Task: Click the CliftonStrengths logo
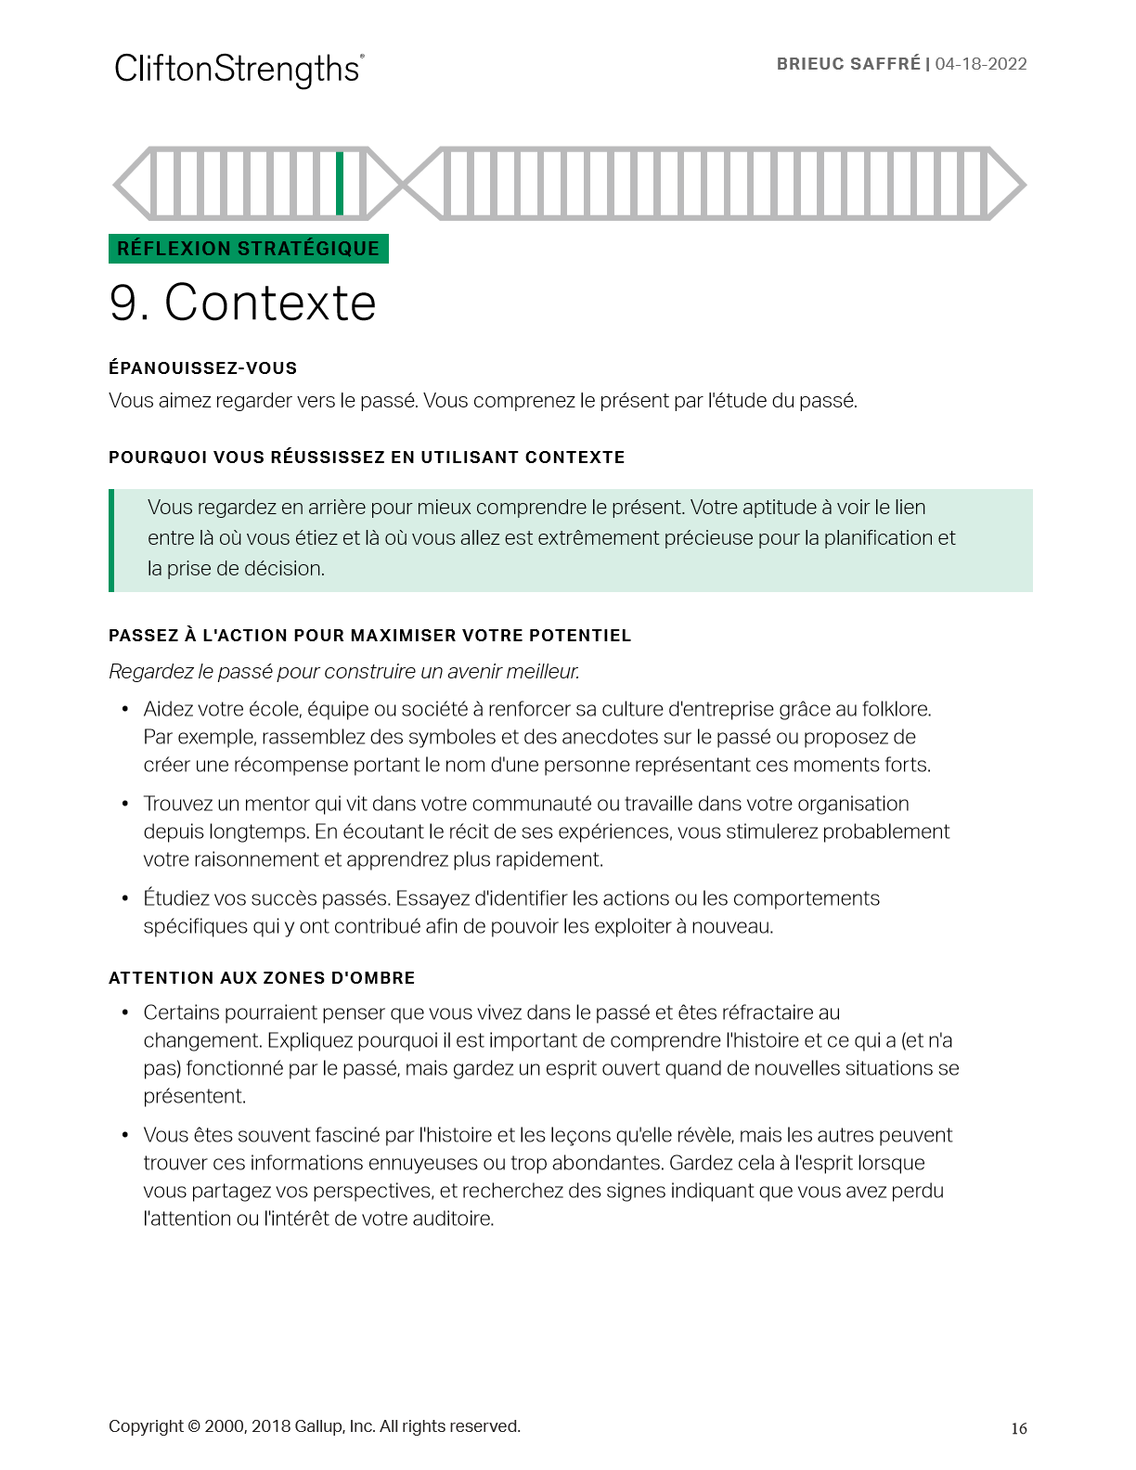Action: [239, 70]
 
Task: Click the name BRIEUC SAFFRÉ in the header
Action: [848, 64]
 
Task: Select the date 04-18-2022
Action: [981, 64]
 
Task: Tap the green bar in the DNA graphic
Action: [340, 184]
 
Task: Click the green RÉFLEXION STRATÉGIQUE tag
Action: [248, 249]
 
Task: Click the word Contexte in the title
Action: [270, 303]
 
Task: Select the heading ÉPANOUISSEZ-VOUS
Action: [202, 368]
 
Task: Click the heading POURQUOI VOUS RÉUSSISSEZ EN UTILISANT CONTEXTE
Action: [367, 458]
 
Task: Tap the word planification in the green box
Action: [878, 538]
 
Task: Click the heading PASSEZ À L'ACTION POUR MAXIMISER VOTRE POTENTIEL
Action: [369, 636]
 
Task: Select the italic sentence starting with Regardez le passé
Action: [344, 671]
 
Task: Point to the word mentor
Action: [276, 804]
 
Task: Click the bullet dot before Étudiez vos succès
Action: [124, 898]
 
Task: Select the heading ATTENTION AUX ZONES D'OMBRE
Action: [262, 978]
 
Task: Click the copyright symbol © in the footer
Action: [194, 1426]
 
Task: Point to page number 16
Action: [1018, 1429]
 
